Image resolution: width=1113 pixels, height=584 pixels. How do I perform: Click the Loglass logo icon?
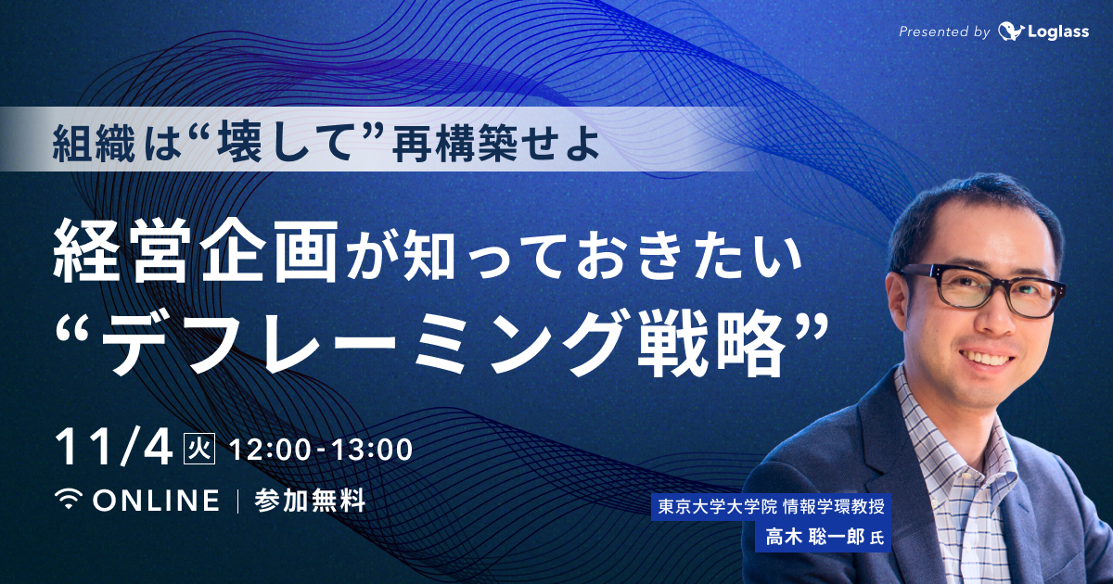[1011, 32]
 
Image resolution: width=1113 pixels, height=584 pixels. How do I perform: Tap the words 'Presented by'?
[944, 32]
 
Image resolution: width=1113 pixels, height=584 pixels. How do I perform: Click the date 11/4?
[114, 450]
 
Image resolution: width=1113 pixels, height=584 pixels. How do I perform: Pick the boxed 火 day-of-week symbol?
[200, 451]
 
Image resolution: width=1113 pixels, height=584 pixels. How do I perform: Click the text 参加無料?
[309, 501]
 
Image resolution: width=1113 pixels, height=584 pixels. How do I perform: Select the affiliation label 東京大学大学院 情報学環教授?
[771, 507]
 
